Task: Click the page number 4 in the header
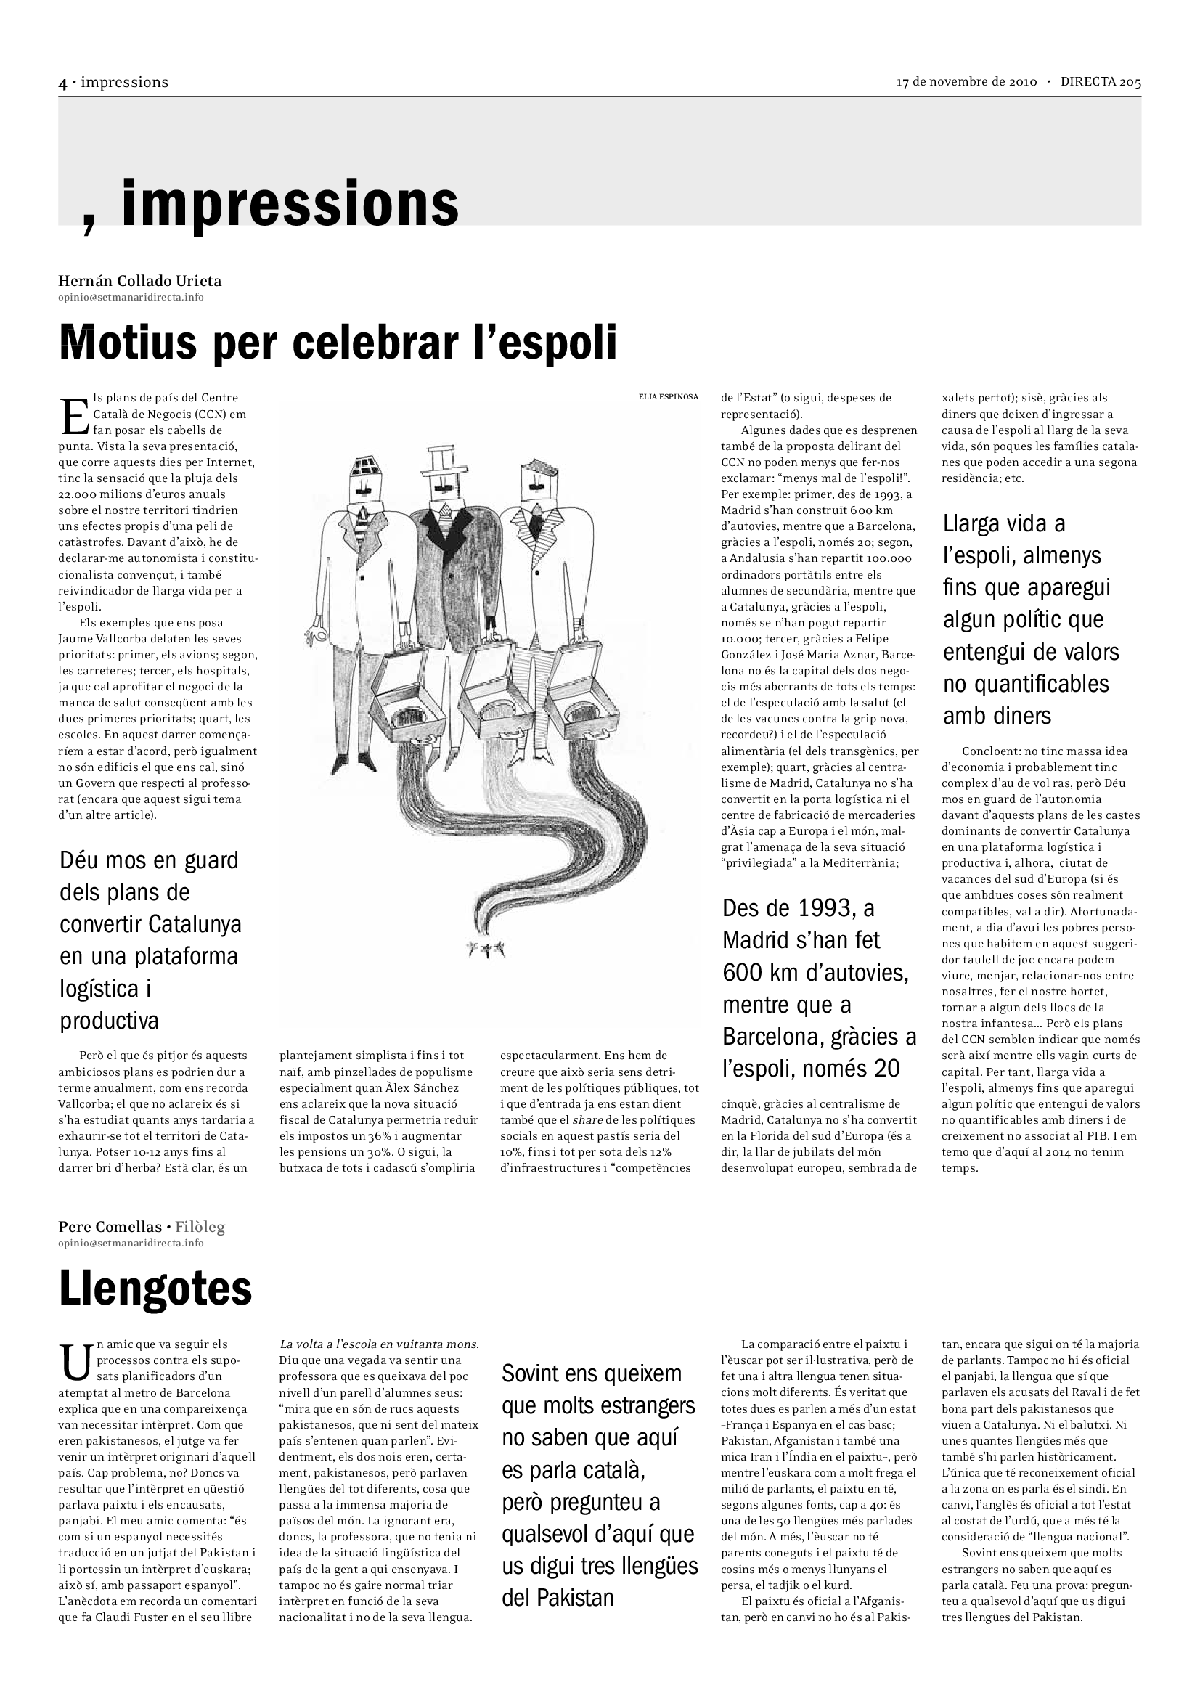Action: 63,83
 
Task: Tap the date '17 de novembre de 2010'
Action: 966,82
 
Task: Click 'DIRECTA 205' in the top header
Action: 1101,82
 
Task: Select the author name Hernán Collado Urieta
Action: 139,281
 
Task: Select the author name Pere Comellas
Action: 110,1228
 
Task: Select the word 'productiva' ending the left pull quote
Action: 110,1021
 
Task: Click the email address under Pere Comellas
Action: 131,1243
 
